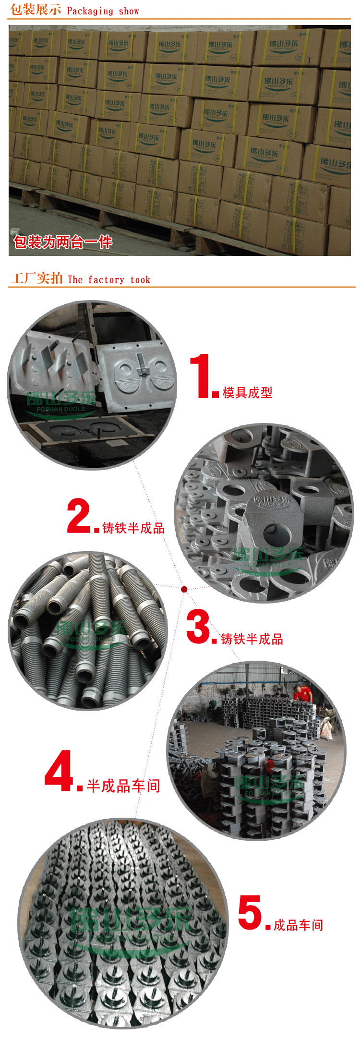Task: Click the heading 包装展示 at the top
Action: point(36,10)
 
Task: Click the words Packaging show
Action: point(103,11)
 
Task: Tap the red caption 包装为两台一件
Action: point(63,242)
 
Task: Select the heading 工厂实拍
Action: point(37,278)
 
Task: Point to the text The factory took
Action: point(109,279)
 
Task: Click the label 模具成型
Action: point(247,392)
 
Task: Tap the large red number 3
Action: point(198,627)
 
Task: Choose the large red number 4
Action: point(60,771)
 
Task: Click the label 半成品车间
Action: point(123,786)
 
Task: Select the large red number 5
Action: point(250,912)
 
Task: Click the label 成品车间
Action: point(298,925)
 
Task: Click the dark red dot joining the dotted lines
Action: point(184,589)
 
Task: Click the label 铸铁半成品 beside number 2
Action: point(133,528)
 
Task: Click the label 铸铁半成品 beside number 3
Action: point(252,639)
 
